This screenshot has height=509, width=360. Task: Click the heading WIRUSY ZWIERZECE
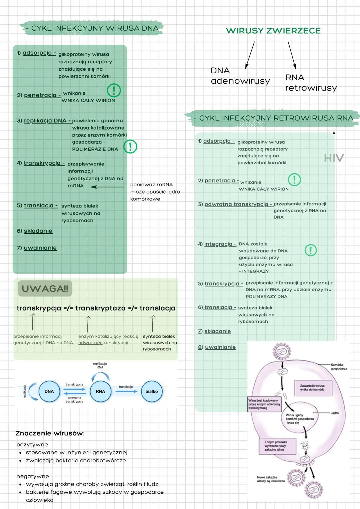click(273, 31)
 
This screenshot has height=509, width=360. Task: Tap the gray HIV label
click(334, 158)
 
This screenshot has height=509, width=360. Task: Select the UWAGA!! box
click(45, 288)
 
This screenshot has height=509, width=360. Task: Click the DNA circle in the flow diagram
click(49, 391)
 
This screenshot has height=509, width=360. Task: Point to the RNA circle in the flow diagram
click(100, 391)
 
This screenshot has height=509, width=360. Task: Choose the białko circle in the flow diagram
click(152, 391)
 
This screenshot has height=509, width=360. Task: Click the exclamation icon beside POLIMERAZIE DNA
click(130, 147)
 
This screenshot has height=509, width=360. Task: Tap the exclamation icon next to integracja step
click(311, 250)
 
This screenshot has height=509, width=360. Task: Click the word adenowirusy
click(240, 81)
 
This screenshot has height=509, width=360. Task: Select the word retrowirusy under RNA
click(311, 88)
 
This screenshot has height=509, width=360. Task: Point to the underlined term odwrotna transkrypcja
click(236, 204)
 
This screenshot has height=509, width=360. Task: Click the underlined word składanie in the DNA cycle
click(38, 231)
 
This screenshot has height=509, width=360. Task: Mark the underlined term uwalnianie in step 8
click(220, 347)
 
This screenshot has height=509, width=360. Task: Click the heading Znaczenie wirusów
click(50, 433)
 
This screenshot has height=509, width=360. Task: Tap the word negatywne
click(33, 476)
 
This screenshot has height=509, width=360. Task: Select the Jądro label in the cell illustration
click(335, 413)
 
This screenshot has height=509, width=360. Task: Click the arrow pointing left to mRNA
click(107, 187)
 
